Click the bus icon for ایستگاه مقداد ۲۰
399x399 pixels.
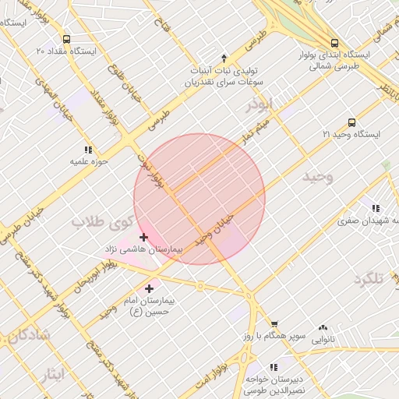coord(66,39)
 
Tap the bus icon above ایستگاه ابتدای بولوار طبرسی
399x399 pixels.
coord(334,44)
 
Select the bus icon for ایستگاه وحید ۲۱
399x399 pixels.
coord(351,122)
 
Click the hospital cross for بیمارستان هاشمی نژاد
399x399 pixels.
coord(143,237)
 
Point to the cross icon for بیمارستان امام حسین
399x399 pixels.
coord(149,288)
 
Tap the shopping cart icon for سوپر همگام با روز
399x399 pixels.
coord(274,324)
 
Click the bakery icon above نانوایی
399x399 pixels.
coord(323,328)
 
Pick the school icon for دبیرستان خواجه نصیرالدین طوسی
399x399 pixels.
coord(274,366)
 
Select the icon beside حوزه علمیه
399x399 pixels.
coord(88,150)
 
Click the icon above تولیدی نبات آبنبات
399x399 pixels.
coord(224,58)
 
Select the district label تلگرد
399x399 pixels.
coord(370,279)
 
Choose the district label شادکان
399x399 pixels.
coord(28,335)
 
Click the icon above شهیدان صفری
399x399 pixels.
coord(376,208)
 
